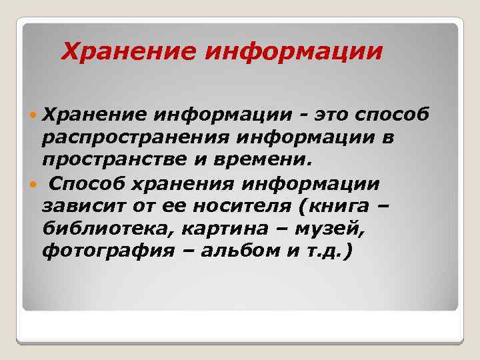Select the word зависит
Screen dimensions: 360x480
click(x=75, y=205)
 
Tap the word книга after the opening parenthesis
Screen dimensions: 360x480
click(x=333, y=205)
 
